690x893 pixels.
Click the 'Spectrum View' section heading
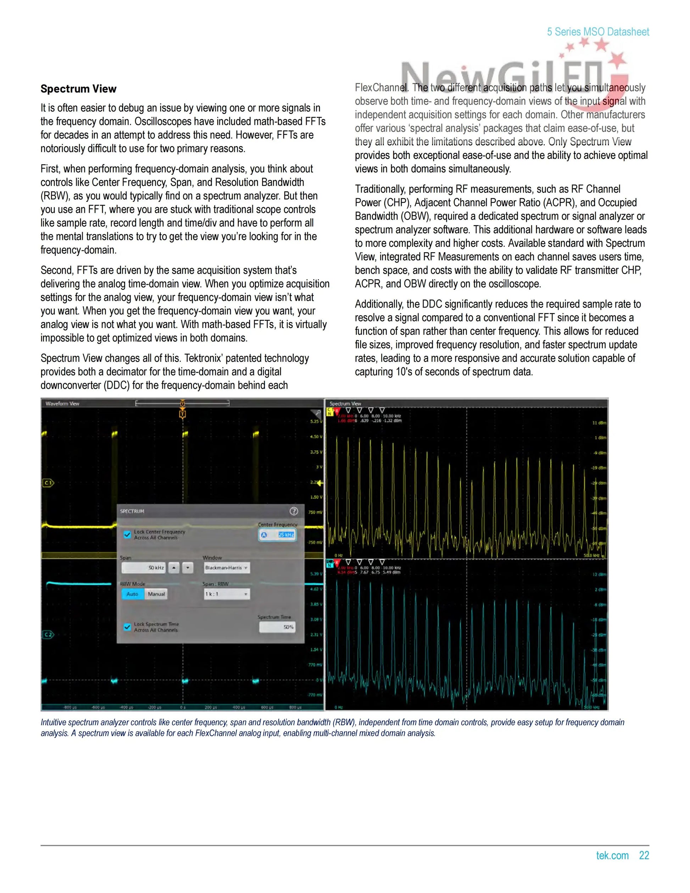pos(78,89)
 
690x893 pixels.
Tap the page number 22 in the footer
pos(644,855)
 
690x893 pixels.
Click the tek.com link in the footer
pos(612,855)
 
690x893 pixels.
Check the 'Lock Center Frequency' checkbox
pos(127,534)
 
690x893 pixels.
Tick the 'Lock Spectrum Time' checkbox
pos(127,627)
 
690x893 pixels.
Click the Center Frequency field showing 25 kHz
pos(278,535)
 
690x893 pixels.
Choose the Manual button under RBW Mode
pos(156,594)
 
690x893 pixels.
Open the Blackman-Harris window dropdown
pos(227,567)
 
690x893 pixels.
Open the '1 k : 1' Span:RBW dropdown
pos(227,594)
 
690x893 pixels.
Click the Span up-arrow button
pos(174,567)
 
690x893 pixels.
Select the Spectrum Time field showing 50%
pos(277,627)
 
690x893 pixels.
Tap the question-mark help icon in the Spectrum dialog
pos(294,511)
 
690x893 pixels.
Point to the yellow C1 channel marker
pos(48,483)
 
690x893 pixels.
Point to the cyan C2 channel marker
pos(48,634)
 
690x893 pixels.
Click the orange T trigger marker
pos(182,414)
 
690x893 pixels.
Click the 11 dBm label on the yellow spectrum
pos(599,423)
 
